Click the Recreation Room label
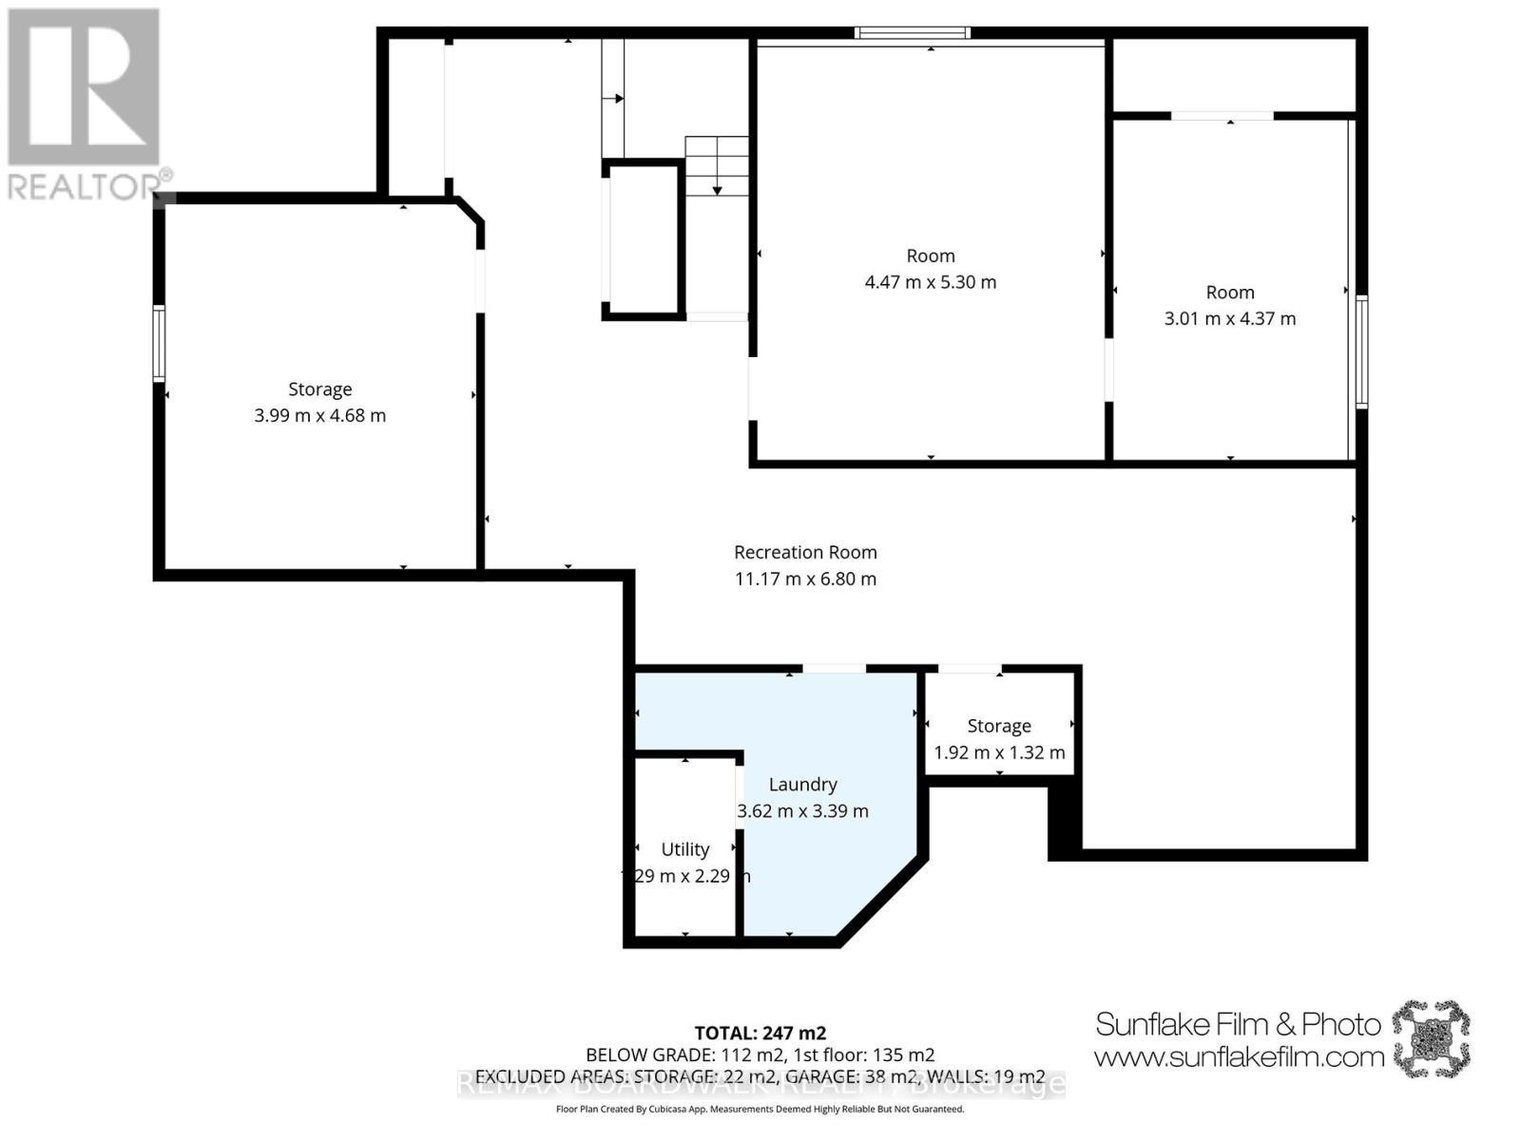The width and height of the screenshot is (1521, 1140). (x=805, y=552)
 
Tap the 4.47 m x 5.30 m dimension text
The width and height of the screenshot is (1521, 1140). (x=930, y=282)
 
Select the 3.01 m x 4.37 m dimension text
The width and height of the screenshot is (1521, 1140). (x=1229, y=318)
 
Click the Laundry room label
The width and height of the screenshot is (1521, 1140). (x=802, y=784)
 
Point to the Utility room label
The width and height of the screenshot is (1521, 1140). (x=684, y=849)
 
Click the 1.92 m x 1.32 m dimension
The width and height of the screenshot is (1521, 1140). (x=998, y=752)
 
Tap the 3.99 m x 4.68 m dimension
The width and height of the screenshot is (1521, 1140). (x=319, y=415)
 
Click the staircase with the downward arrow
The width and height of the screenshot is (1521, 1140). (x=717, y=166)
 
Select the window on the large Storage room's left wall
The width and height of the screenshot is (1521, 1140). (x=160, y=344)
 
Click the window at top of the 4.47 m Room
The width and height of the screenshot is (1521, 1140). (x=912, y=33)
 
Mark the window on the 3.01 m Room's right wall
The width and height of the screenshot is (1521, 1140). (x=1361, y=351)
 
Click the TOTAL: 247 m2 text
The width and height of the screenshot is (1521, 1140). (x=760, y=1033)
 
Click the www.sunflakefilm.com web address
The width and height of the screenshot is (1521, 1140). (x=1238, y=1056)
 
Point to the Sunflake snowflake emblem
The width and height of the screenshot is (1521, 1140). (x=1431, y=1037)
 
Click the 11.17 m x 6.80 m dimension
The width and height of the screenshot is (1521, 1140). (x=805, y=579)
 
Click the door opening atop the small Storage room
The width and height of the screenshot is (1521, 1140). (x=970, y=670)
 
